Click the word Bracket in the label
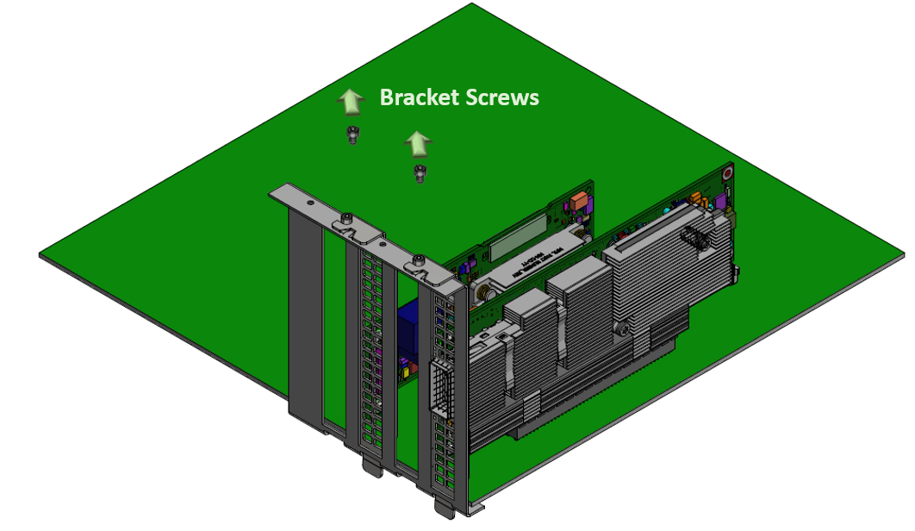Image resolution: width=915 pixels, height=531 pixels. tap(419, 97)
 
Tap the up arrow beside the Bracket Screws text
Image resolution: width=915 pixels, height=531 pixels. tap(350, 101)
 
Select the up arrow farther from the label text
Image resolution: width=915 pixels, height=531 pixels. tap(418, 144)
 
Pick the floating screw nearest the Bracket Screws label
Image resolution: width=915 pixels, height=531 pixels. tap(352, 134)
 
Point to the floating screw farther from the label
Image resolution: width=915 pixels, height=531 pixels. tap(420, 172)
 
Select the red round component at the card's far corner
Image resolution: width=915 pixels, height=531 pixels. tap(728, 172)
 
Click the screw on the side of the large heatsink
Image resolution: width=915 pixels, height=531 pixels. tap(619, 328)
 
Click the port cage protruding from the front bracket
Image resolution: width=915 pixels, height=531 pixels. tap(439, 388)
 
